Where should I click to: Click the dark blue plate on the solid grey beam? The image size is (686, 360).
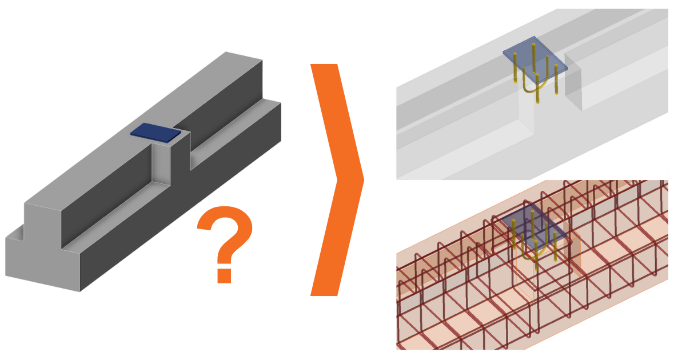[x=155, y=131]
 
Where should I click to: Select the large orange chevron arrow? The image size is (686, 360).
[x=334, y=180]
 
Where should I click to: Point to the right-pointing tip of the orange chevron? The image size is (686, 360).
[x=362, y=180]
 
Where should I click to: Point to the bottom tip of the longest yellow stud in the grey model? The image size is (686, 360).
[x=538, y=102]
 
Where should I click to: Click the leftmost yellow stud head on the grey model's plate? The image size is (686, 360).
[x=514, y=54]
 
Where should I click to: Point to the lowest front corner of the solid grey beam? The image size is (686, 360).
[x=79, y=291]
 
